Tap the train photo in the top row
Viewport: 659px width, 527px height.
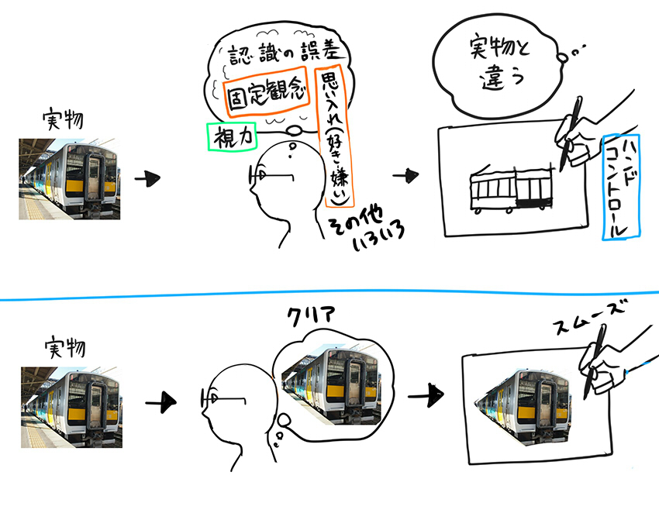pyautogui.click(x=69, y=178)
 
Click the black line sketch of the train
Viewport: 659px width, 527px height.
pyautogui.click(x=512, y=188)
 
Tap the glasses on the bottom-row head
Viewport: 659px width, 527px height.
pyautogui.click(x=221, y=401)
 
